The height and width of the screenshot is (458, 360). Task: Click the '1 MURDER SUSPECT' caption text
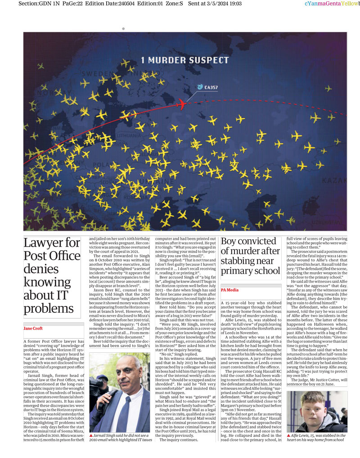184,60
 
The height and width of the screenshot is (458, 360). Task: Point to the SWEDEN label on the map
97,73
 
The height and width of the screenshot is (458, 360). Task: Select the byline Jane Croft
33,329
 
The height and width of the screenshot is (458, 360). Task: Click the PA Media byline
229,290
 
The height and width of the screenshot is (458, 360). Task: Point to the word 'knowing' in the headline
45,282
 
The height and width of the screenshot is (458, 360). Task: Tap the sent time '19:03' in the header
235,4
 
